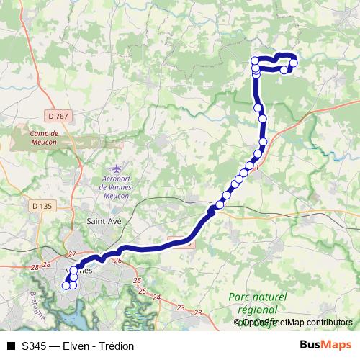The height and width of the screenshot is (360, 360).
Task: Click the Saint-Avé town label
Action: [103, 222]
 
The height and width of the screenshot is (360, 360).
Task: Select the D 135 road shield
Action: [42, 205]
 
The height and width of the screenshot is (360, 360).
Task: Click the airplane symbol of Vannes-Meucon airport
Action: [117, 168]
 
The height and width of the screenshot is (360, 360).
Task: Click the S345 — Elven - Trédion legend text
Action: [78, 346]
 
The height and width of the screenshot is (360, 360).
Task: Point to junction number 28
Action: [35, 267]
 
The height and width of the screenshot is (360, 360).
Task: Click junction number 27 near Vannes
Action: [71, 254]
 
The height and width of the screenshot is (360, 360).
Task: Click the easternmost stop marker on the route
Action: [294, 63]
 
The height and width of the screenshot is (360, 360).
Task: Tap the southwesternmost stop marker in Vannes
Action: [66, 285]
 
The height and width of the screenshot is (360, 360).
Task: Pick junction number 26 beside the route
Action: [118, 261]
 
